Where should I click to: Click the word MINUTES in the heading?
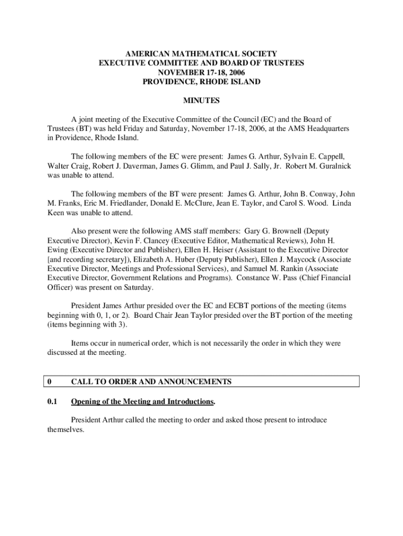(x=201, y=100)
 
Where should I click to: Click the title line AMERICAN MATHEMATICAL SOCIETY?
(x=201, y=53)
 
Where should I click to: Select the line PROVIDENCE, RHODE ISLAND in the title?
(x=201, y=82)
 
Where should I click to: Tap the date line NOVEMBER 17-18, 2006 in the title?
(x=201, y=72)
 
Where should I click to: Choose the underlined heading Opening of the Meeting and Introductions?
(x=142, y=401)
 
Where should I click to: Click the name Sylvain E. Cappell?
(x=312, y=157)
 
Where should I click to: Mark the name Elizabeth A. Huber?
(x=167, y=259)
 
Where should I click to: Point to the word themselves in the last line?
(x=62, y=429)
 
